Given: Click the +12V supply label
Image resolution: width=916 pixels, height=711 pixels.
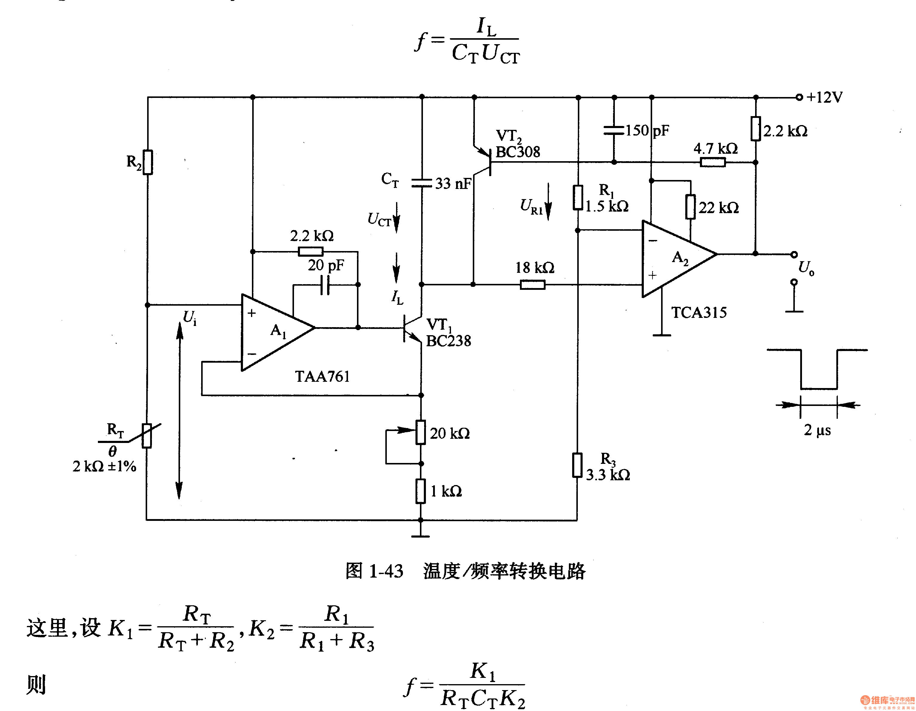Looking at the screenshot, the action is (x=825, y=97).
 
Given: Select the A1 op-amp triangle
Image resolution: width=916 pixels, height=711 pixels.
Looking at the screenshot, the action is (x=278, y=332).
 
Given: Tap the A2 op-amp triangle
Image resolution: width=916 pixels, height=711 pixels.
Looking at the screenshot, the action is (x=679, y=259).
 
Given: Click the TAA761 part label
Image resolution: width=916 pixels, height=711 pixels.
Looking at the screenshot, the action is (x=322, y=376).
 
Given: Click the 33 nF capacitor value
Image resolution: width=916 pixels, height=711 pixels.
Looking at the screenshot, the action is (x=453, y=183).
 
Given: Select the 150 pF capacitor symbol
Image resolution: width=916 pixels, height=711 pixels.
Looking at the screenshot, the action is (x=614, y=130).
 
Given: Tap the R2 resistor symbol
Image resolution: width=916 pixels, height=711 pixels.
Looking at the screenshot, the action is (x=148, y=162).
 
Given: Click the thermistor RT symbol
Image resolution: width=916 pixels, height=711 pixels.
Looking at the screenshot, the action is (x=146, y=435).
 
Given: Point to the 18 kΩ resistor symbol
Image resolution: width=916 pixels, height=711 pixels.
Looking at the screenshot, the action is (x=533, y=285).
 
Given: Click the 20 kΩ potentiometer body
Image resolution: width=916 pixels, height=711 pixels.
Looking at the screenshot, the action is (x=421, y=432).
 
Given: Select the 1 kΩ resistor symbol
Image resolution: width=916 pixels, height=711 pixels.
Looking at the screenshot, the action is (x=421, y=491).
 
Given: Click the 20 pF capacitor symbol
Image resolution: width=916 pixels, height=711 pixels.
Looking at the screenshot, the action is (x=325, y=285).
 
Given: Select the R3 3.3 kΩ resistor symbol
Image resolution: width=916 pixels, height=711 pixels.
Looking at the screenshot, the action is (x=577, y=465).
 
